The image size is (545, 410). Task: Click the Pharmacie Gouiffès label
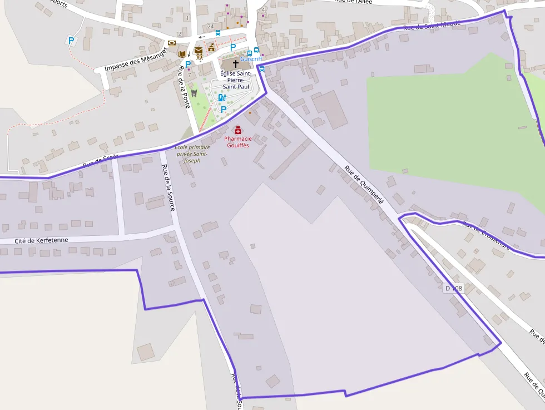[x=238, y=142]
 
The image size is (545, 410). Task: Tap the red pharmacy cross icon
[x=238, y=130]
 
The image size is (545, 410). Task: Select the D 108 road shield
[x=454, y=288]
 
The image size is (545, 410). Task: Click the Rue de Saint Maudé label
[x=424, y=26]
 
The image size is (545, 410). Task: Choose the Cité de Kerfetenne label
[x=41, y=240]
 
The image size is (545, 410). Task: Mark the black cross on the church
[x=236, y=63]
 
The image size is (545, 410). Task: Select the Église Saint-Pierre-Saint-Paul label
[x=236, y=80]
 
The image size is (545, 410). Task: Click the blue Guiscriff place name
[x=251, y=59]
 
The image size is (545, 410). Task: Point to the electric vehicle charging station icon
[x=221, y=98]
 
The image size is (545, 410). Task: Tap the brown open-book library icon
[x=182, y=54]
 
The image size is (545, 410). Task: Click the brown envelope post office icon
[x=199, y=51]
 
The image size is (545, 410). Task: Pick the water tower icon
[x=194, y=92]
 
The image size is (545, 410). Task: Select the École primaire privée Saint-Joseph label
[x=192, y=154]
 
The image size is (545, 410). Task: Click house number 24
[x=210, y=27]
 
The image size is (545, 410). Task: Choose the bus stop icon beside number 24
[x=218, y=33]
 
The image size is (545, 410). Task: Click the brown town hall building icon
[x=211, y=48]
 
